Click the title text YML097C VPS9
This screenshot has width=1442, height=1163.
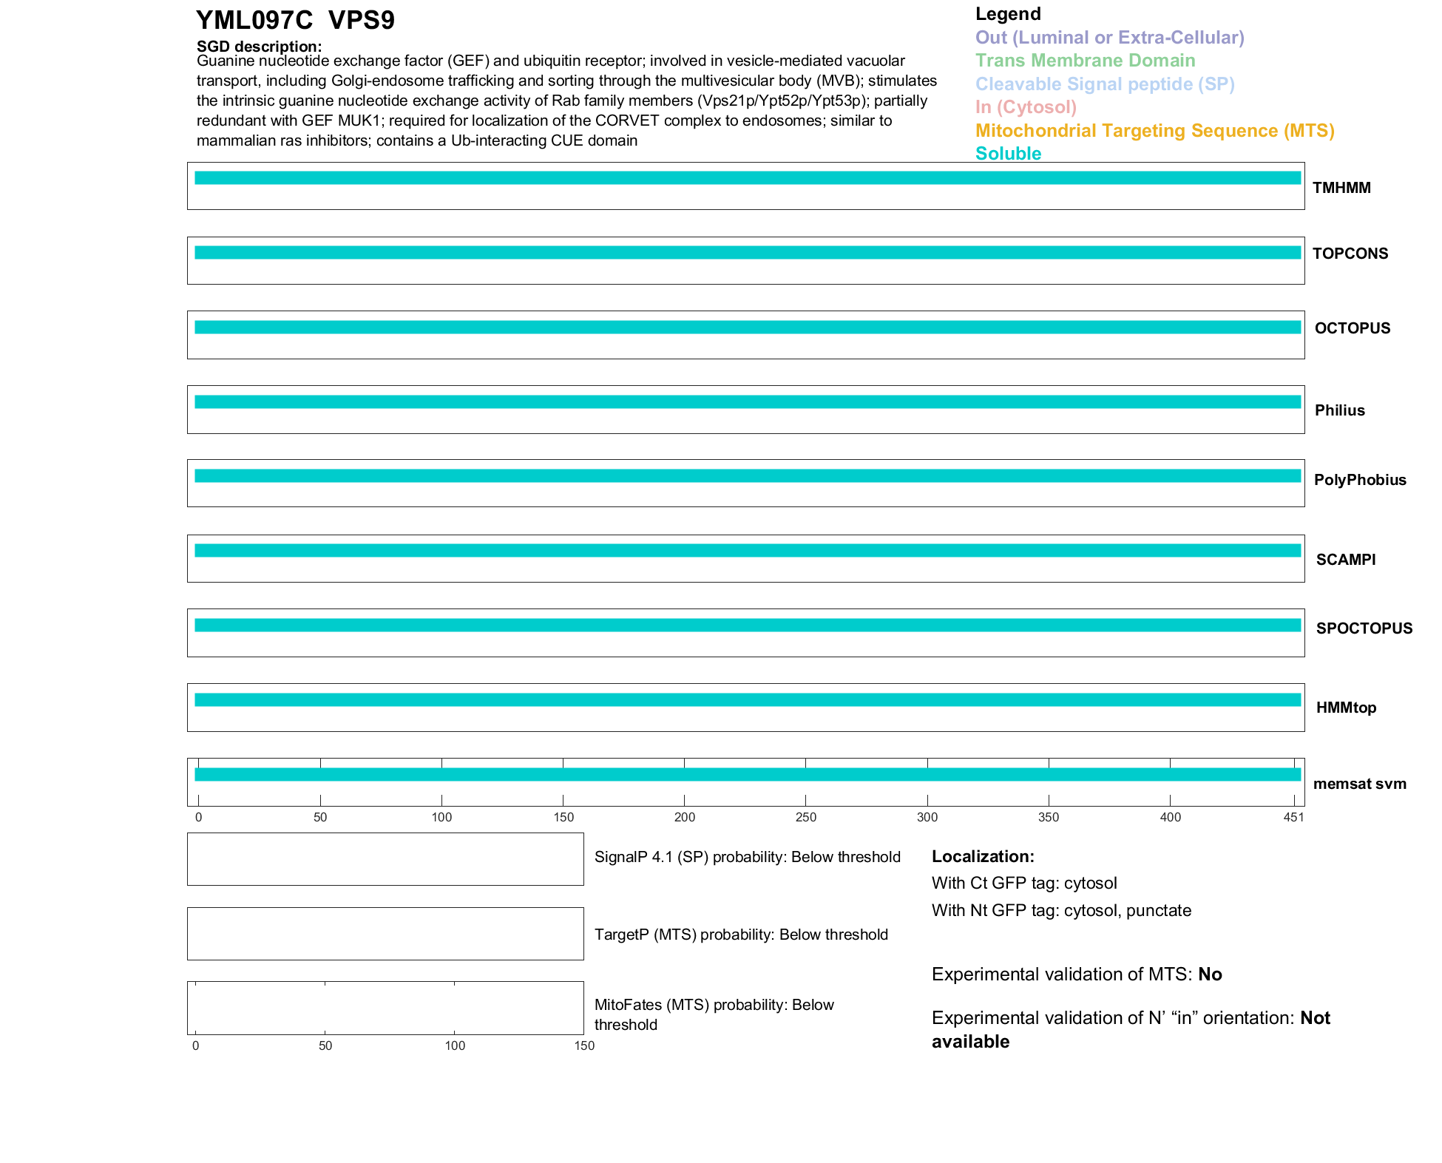coord(295,21)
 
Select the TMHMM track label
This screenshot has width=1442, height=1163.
coord(1341,188)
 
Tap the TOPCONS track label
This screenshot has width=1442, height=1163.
coord(1350,254)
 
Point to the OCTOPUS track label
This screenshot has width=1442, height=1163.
coord(1352,328)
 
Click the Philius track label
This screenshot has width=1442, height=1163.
coord(1339,410)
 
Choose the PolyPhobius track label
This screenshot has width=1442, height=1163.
coord(1359,480)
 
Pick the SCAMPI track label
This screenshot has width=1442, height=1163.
coord(1345,560)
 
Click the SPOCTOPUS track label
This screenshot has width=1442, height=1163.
coord(1364,628)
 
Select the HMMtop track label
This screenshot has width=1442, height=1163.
coord(1346,708)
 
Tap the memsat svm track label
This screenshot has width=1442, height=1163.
coord(1359,784)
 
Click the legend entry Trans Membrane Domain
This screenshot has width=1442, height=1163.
coord(1085,61)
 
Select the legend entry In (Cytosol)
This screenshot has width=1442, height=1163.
coord(1026,107)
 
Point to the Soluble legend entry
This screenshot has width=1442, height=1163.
coord(1008,154)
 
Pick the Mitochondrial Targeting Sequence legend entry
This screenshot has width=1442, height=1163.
coord(1154,131)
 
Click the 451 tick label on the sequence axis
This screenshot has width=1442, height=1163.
coord(1293,817)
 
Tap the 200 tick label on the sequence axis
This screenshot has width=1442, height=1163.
coord(685,817)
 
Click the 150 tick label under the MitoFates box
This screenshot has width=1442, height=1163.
coord(584,1045)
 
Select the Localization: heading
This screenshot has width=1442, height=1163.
coord(983,857)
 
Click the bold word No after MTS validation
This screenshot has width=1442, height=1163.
coord(1210,974)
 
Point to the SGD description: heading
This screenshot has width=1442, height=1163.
coord(259,47)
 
